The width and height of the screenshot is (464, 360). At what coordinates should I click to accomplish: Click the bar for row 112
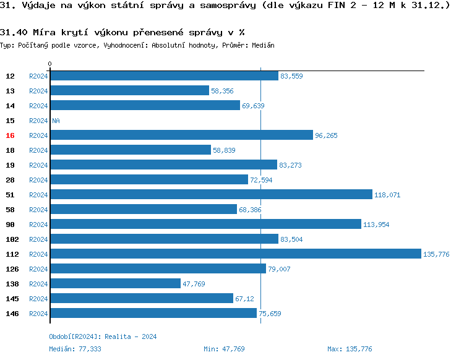[x=235, y=254]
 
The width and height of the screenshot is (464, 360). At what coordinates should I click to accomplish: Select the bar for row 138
[x=115, y=284]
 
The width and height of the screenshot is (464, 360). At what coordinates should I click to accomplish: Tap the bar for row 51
[x=211, y=195]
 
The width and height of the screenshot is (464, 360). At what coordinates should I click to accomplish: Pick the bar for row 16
[x=181, y=135]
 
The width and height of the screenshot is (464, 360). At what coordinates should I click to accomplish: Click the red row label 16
[x=10, y=135]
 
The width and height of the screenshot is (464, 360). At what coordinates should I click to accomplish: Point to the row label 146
[x=12, y=314]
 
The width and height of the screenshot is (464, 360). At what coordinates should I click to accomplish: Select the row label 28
[x=10, y=180]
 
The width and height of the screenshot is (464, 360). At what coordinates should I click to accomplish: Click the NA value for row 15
[x=56, y=121]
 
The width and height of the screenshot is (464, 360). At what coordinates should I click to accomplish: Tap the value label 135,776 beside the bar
[x=436, y=254]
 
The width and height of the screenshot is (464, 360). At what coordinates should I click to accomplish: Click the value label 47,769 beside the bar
[x=194, y=284]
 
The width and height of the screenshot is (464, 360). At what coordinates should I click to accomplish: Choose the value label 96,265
[x=326, y=135]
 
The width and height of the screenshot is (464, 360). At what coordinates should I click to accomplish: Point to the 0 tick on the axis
[x=50, y=64]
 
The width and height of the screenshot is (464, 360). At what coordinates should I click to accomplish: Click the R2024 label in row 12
[x=38, y=76]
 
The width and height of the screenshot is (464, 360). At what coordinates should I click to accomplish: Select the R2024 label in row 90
[x=38, y=225]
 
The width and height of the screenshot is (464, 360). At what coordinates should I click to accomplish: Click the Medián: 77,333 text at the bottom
[x=75, y=349]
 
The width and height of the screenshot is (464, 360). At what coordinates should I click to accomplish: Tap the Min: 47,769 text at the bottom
[x=224, y=349]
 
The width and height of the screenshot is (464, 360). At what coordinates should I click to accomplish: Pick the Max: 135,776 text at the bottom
[x=350, y=349]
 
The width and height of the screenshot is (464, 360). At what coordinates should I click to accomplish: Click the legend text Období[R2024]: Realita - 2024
[x=103, y=336]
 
